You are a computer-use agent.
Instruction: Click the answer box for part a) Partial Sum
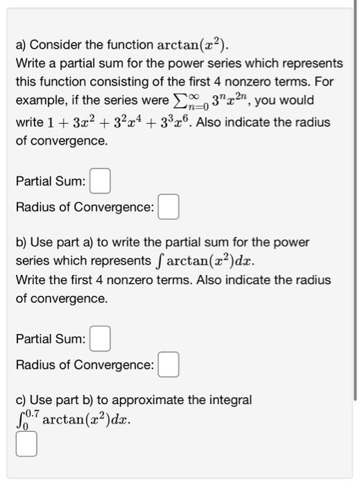click(100, 182)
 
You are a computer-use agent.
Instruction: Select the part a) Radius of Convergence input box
click(169, 208)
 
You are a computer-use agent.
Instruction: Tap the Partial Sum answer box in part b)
click(100, 340)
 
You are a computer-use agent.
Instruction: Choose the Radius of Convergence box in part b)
click(169, 365)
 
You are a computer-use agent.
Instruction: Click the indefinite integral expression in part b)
click(208, 262)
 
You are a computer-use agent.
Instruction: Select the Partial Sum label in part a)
click(51, 182)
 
